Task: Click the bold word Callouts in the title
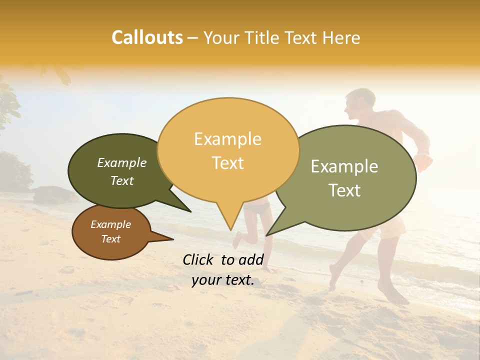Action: pos(147,37)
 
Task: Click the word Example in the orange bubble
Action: pos(227,139)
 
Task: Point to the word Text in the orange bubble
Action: pos(228,163)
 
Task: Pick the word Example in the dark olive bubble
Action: pos(121,162)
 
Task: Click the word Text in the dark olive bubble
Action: pos(122,180)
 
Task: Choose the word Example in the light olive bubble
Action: pos(344,166)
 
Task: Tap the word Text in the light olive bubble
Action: pos(345,190)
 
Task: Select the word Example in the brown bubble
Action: pos(110,224)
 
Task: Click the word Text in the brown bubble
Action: pos(110,239)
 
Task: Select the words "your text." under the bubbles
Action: pos(222,280)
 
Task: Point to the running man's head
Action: pos(359,103)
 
